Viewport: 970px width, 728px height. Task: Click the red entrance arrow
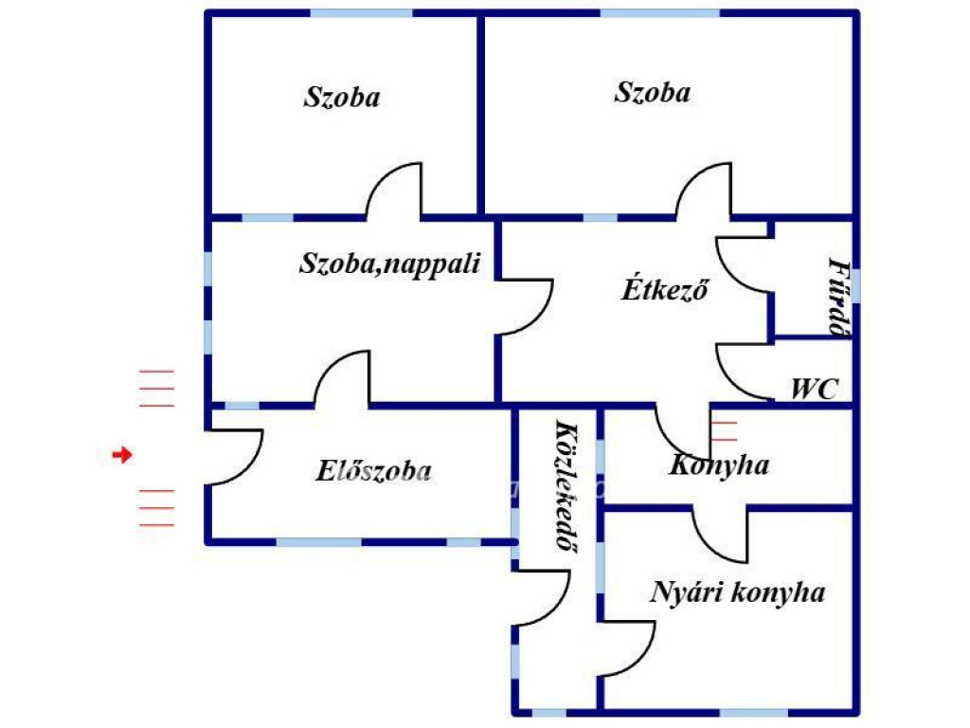click(x=121, y=456)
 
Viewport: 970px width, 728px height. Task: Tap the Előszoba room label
click(x=374, y=471)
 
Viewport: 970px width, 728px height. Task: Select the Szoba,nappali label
click(x=390, y=264)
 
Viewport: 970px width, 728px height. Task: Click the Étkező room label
click(x=666, y=290)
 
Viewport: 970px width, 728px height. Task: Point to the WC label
click(x=814, y=389)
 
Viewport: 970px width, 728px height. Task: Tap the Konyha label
click(x=719, y=465)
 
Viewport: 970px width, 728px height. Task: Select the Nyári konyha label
click(x=737, y=593)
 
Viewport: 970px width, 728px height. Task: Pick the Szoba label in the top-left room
click(x=342, y=97)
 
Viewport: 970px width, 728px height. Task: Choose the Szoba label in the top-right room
click(x=653, y=93)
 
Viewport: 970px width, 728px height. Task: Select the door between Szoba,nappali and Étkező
click(x=527, y=306)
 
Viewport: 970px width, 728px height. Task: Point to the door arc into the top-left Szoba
click(x=392, y=189)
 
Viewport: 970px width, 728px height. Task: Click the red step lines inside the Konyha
click(x=725, y=430)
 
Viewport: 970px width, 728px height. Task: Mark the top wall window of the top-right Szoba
click(x=659, y=13)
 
